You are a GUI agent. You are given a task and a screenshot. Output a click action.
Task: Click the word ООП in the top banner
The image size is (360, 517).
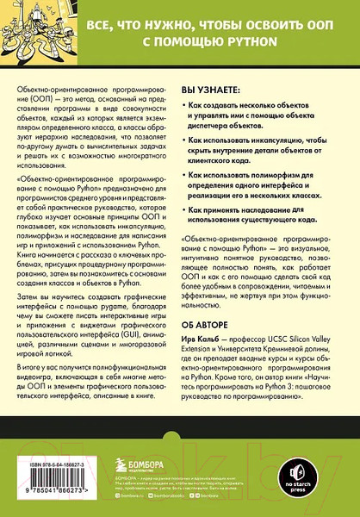point(310,22)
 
